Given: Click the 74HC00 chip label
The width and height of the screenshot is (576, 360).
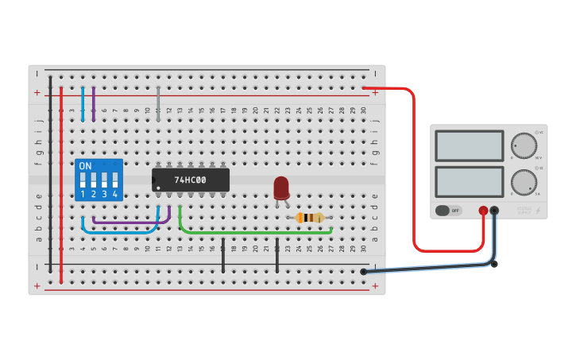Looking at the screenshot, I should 191,180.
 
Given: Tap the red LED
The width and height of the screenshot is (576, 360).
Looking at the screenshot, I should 281,188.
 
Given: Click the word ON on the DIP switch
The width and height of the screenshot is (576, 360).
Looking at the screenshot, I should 85,166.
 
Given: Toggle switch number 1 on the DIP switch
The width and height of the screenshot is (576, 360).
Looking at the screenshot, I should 83,180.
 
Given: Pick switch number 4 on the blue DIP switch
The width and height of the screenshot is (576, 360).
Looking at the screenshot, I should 115,180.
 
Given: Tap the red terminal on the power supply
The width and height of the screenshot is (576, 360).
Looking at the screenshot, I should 482,211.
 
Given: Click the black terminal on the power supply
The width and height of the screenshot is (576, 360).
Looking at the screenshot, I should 494,211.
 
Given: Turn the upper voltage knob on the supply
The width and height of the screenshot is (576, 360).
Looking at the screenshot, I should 524,145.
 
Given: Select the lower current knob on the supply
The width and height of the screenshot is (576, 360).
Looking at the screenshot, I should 524,182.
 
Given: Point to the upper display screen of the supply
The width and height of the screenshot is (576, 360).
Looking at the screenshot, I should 470,145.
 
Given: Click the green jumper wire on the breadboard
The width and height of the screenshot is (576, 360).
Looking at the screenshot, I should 254,233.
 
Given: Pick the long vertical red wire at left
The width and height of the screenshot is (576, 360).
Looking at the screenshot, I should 61,183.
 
